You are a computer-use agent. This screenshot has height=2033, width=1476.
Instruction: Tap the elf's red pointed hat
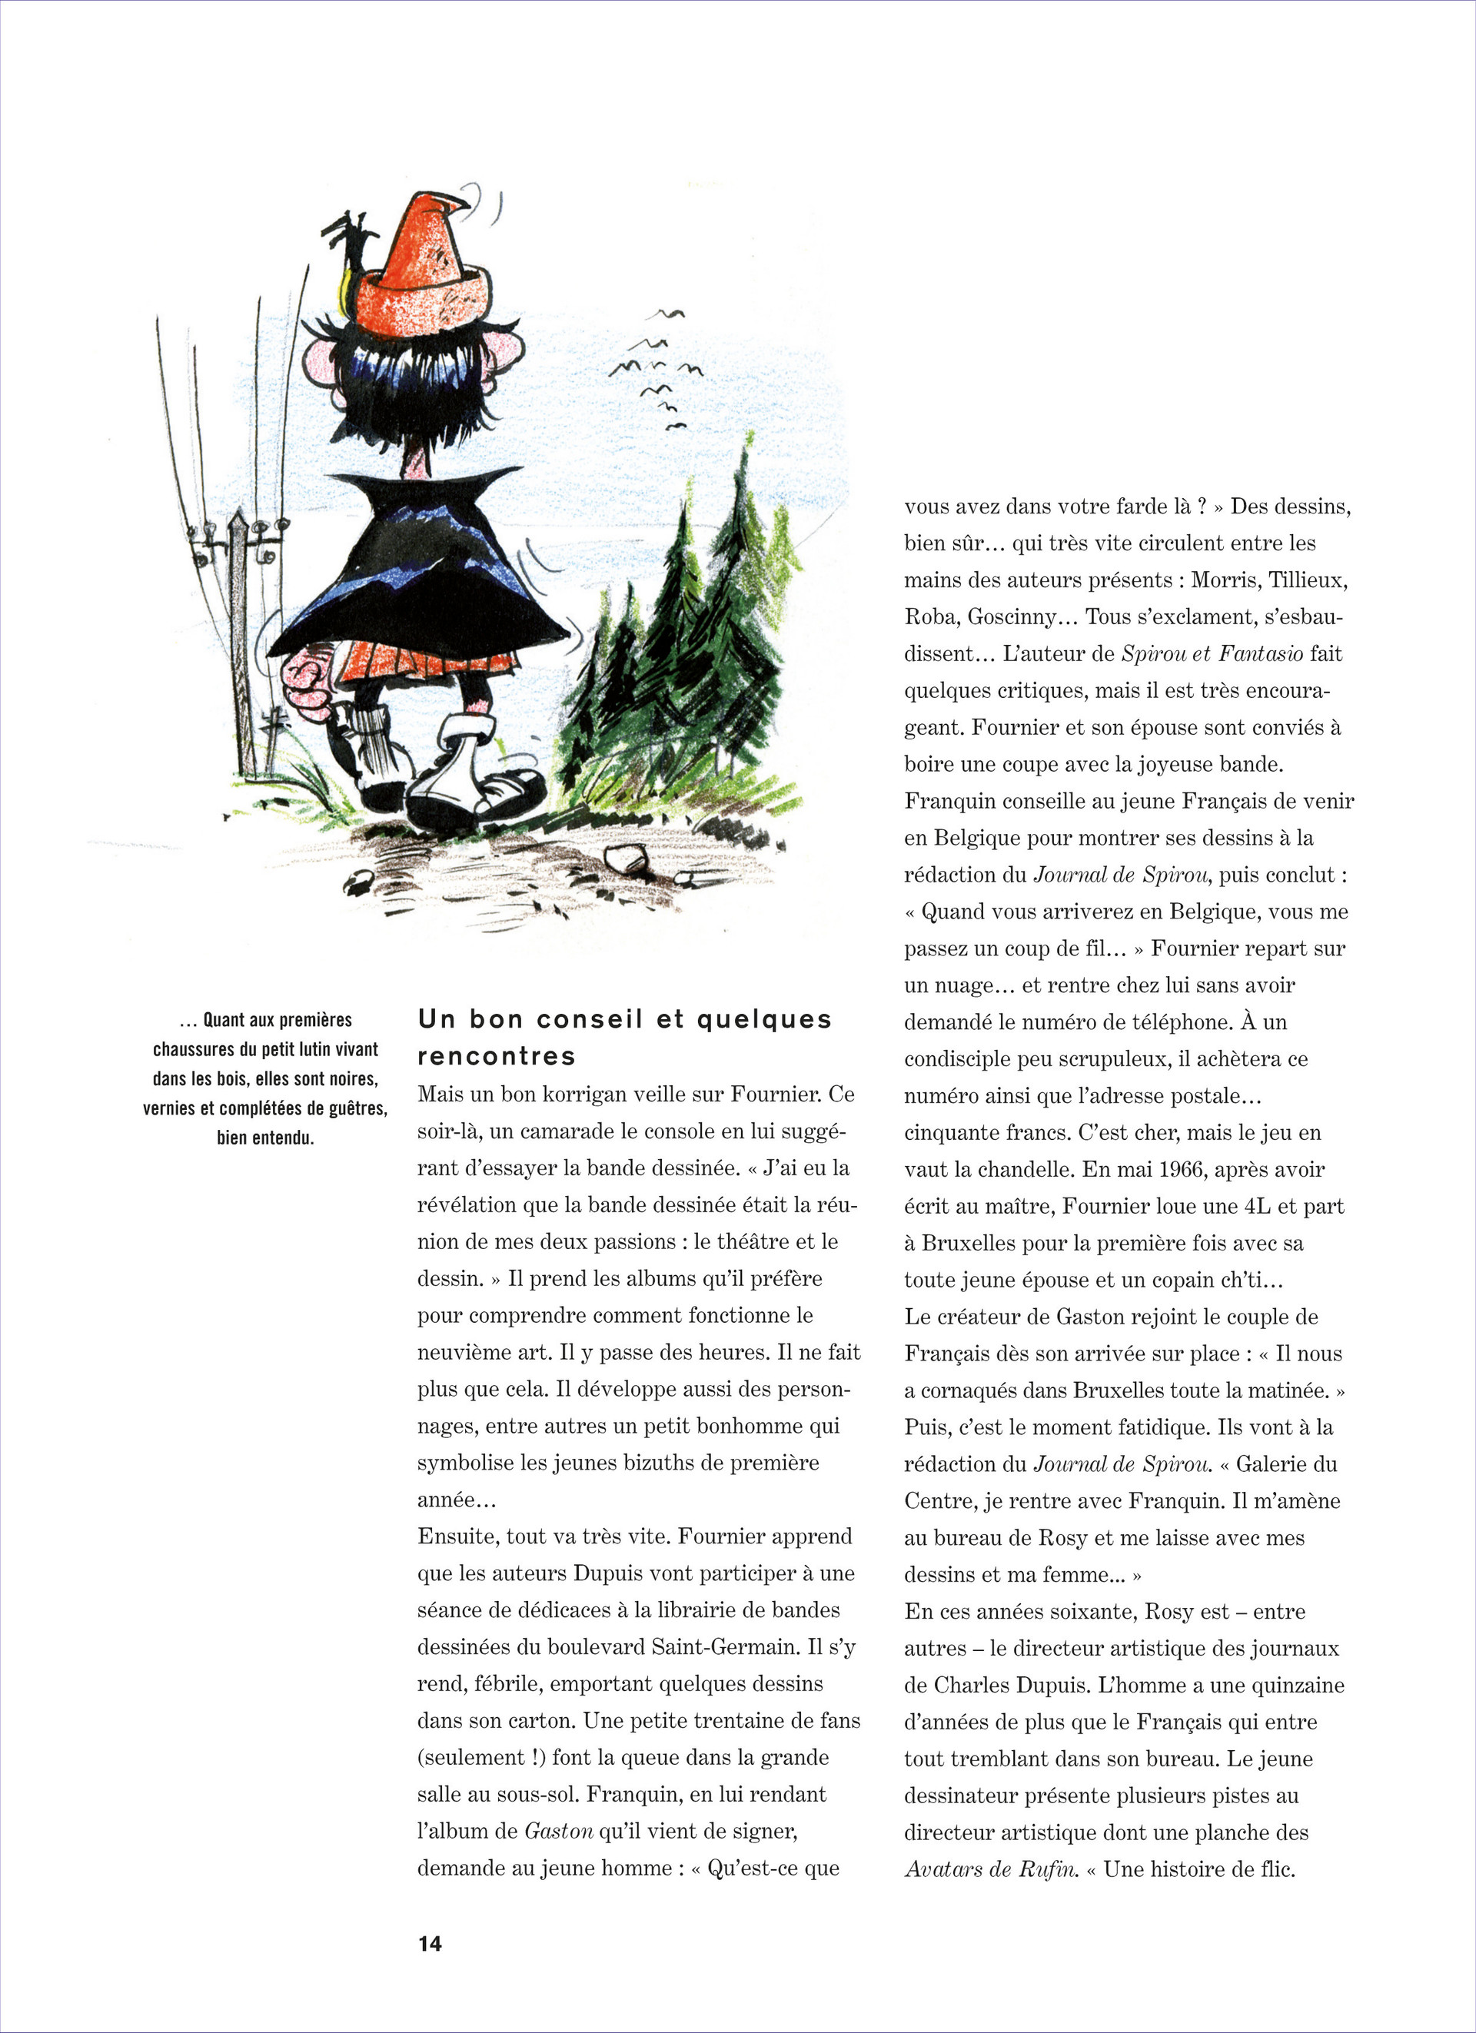tap(421, 269)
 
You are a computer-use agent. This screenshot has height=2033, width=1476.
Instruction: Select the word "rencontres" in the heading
tap(496, 1056)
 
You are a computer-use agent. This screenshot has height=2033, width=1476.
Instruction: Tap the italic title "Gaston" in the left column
tap(558, 1832)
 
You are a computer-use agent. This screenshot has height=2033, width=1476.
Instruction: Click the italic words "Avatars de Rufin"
tap(990, 1869)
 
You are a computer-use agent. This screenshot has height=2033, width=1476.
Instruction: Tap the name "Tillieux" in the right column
tap(1308, 580)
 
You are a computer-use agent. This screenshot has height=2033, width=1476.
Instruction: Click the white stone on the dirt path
tap(625, 859)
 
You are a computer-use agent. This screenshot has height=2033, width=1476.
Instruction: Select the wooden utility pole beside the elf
tap(241, 646)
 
